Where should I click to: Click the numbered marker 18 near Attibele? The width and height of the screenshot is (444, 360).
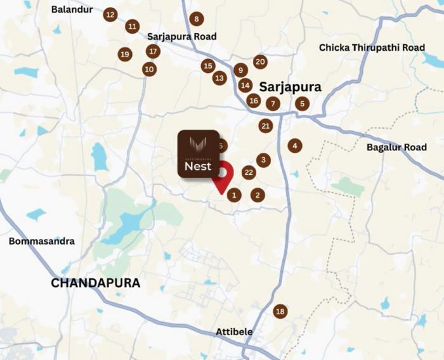click(280, 311)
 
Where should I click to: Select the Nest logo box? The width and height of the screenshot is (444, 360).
click(198, 155)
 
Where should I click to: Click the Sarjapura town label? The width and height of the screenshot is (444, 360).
click(290, 87)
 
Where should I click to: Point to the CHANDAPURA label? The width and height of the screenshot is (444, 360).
click(95, 283)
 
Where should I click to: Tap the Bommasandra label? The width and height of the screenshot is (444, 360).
click(41, 241)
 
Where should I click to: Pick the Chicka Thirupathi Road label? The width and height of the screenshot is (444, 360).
click(372, 48)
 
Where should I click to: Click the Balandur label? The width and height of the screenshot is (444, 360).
click(72, 10)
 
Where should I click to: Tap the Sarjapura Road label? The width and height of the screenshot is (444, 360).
click(182, 37)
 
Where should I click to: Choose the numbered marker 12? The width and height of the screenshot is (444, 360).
click(110, 14)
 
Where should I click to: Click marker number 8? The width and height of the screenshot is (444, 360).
click(197, 19)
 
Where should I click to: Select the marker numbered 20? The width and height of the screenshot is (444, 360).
click(259, 61)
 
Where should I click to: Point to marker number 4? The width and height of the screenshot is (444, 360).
click(294, 146)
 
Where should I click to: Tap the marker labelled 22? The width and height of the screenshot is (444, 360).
click(249, 172)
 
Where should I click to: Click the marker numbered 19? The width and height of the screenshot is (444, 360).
click(125, 55)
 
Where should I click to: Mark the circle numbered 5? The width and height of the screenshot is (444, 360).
click(302, 103)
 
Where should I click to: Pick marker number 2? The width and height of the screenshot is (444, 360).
click(257, 195)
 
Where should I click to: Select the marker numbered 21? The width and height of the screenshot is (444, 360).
click(266, 126)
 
